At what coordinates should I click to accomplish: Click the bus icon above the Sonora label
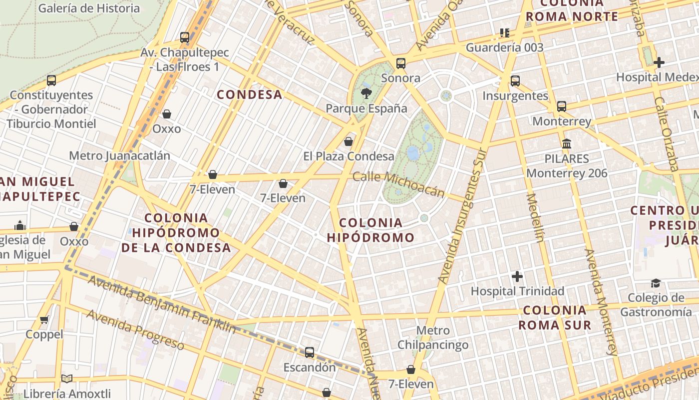point(400,63)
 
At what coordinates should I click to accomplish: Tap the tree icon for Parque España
point(366,93)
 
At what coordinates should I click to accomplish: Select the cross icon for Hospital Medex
point(659,62)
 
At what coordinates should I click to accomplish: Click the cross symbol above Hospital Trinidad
point(517,276)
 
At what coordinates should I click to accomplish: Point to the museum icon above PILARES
point(567,144)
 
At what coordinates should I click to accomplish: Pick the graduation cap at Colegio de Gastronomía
point(656,283)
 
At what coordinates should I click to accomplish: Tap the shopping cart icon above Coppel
point(44,319)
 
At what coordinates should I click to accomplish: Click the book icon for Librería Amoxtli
point(67,378)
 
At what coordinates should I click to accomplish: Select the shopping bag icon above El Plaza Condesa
point(349,141)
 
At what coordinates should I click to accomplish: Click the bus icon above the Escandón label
point(310,352)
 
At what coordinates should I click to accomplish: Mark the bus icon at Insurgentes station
point(515,81)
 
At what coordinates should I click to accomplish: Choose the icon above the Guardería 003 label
point(505,33)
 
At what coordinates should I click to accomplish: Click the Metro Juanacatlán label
point(119,155)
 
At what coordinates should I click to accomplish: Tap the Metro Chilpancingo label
point(433,337)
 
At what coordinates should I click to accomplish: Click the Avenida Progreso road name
point(135,329)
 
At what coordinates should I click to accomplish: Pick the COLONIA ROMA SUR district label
point(554,317)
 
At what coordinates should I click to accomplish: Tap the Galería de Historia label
point(89,8)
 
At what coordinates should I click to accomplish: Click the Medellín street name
point(536,217)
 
